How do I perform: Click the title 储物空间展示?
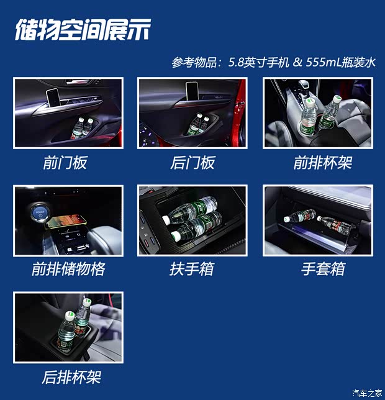point(83,29)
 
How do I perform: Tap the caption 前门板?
point(65,163)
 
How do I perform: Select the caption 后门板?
point(192,163)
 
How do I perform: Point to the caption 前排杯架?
point(323,163)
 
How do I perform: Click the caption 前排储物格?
point(68,269)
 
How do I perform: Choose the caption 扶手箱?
point(192,269)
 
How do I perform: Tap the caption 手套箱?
point(323,269)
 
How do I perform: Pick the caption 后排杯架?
point(71,377)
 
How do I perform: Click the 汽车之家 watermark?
point(367,393)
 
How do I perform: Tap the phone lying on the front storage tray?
point(66,221)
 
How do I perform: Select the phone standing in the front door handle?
point(53,98)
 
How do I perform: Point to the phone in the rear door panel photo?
point(192,91)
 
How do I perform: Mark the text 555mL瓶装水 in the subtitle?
point(341,62)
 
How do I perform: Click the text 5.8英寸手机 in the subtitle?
point(258,62)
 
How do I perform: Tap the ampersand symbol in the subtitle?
point(297,62)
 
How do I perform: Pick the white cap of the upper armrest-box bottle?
point(166,220)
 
